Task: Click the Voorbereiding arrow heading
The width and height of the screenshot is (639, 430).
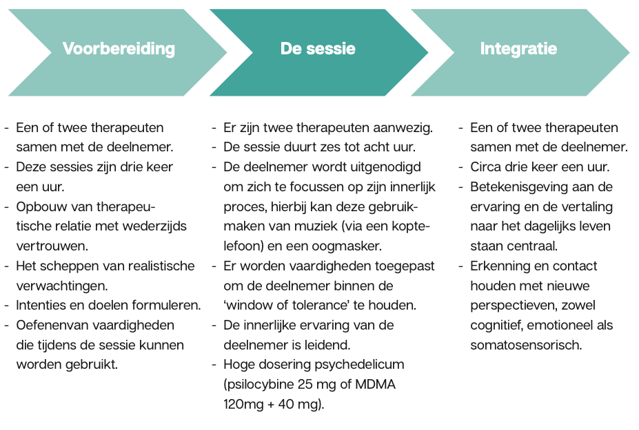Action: [x=119, y=49]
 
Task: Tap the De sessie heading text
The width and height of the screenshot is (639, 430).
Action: [x=318, y=49]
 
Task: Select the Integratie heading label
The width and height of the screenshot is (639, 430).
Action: [x=518, y=49]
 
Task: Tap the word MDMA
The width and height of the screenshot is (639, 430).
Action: [x=375, y=384]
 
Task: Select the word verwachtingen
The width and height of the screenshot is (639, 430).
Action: [x=62, y=286]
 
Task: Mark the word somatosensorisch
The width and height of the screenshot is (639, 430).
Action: [x=526, y=345]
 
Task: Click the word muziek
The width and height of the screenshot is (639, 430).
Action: [x=316, y=226]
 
